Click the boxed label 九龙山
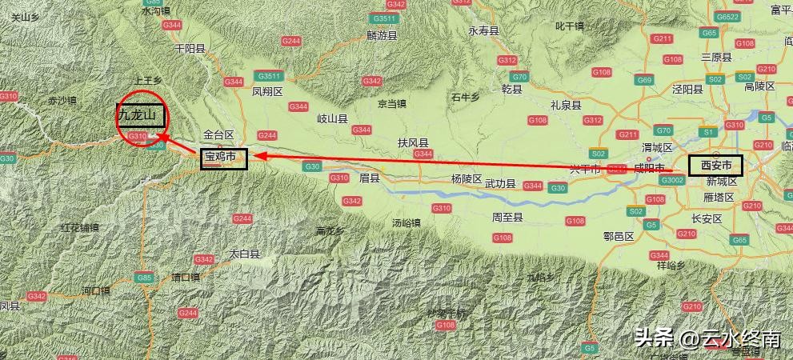click(141, 116)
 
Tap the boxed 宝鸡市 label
click(223, 158)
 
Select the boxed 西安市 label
click(715, 166)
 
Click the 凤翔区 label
click(267, 92)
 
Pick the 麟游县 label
click(382, 35)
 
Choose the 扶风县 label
click(413, 142)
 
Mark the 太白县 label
click(245, 254)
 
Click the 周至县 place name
click(507, 217)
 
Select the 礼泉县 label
click(566, 104)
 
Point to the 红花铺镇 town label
click(79, 228)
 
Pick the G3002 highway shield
click(672, 180)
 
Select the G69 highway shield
click(644, 80)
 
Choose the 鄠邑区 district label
click(618, 237)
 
